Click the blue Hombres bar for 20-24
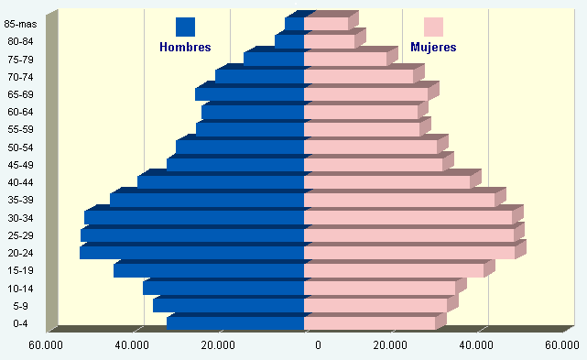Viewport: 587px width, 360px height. [191, 253]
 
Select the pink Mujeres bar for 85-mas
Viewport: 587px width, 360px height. [326, 24]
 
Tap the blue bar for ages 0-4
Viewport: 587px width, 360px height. [235, 323]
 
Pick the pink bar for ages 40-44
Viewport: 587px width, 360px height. [387, 182]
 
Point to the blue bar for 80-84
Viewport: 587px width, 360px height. [289, 41]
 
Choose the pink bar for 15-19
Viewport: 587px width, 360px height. [394, 270]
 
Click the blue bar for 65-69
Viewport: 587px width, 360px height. [249, 94]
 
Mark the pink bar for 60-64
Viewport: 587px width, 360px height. [361, 112]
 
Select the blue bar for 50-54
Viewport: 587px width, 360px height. [240, 147]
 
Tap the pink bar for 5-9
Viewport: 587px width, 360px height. [375, 305]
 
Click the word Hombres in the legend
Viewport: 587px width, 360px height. [185, 48]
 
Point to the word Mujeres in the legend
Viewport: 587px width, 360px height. [433, 48]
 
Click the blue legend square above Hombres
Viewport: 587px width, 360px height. [185, 27]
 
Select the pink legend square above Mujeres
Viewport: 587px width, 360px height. [433, 27]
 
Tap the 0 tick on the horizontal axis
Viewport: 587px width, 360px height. [318, 345]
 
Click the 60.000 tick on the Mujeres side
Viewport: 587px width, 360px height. [562, 345]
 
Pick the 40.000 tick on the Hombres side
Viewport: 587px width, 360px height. [132, 345]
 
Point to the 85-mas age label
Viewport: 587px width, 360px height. [20, 24]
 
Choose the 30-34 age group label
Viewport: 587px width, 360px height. [20, 218]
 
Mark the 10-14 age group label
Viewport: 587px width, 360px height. [20, 288]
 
